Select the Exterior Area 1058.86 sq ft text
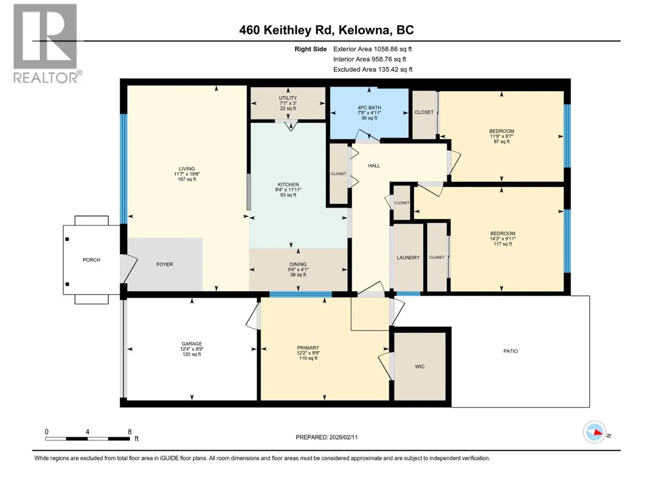(372, 49)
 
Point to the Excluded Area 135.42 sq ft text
(372, 69)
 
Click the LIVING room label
(187, 169)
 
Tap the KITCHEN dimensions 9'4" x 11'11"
(288, 190)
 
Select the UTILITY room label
(288, 98)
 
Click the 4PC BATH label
(369, 108)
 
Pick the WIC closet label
(419, 366)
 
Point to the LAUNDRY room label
(408, 258)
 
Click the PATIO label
(510, 351)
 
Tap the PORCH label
(91, 260)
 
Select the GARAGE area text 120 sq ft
(191, 354)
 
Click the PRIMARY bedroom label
(308, 348)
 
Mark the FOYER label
(165, 264)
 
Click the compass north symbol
(595, 432)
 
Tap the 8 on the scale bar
(130, 432)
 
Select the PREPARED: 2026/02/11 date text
(326, 437)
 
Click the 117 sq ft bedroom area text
(502, 244)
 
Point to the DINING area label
(298, 264)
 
